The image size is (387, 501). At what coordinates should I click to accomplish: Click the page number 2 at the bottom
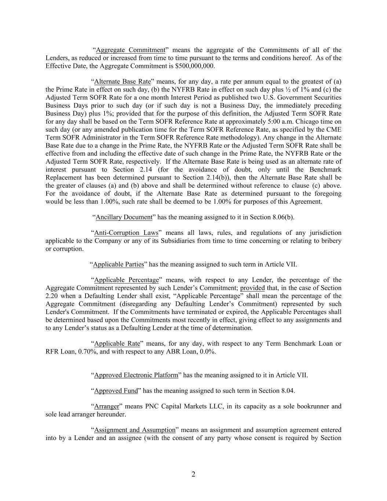193,474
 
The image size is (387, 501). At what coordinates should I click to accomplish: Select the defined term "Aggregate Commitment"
131,50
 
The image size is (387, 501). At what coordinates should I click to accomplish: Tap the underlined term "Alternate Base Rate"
123,81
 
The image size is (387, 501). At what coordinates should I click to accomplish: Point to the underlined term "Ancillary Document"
124,217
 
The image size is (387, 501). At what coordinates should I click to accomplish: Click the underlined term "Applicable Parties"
118,264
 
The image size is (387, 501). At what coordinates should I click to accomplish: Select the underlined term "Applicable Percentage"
127,280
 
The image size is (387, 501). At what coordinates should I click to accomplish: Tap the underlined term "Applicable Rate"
117,344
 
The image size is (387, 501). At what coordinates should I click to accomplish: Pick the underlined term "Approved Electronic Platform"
136,375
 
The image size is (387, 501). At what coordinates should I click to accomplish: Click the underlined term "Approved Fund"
116,391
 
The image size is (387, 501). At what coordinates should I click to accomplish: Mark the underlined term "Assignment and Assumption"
135,430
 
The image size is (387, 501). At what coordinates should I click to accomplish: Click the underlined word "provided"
252,288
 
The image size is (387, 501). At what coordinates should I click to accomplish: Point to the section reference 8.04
288,391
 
